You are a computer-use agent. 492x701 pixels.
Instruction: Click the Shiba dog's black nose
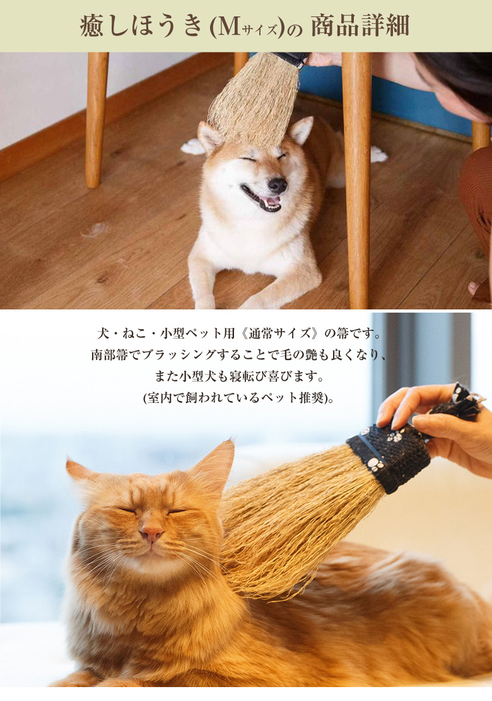278,184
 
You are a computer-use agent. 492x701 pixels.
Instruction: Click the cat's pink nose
151,532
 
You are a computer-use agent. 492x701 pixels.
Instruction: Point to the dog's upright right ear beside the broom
302,131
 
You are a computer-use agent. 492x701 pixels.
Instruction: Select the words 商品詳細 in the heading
360,26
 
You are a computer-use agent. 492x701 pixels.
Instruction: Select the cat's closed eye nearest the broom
177,511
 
